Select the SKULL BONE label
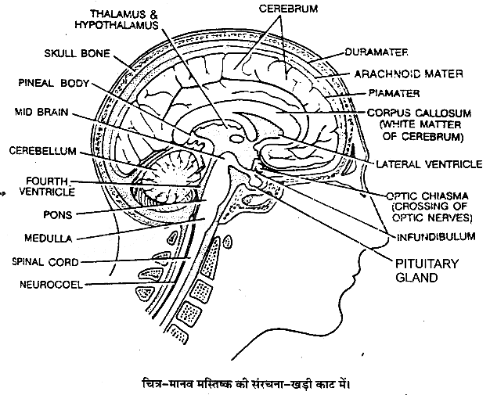(x=72, y=56)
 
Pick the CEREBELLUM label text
(x=39, y=150)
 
